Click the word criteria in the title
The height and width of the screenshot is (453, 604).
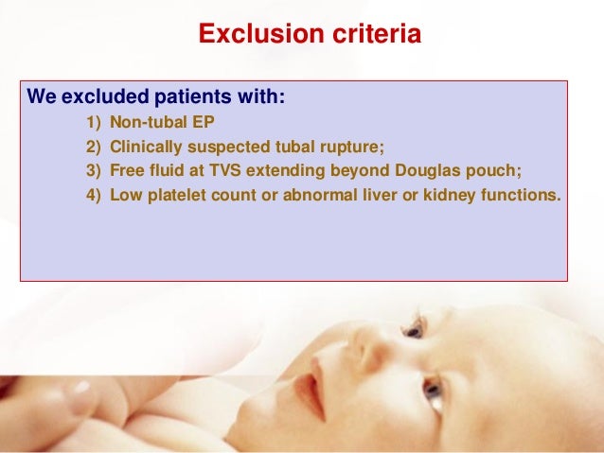pos(367,35)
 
